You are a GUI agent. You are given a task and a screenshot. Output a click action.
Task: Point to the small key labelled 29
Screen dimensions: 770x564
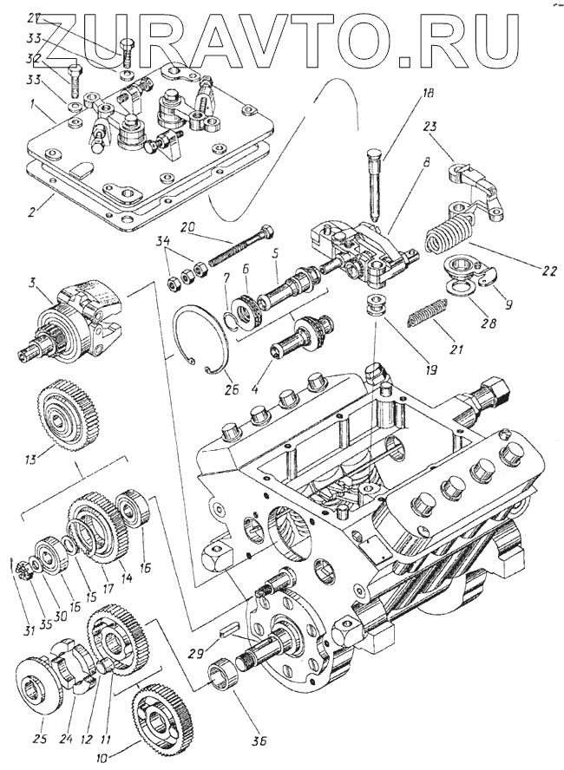230,630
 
